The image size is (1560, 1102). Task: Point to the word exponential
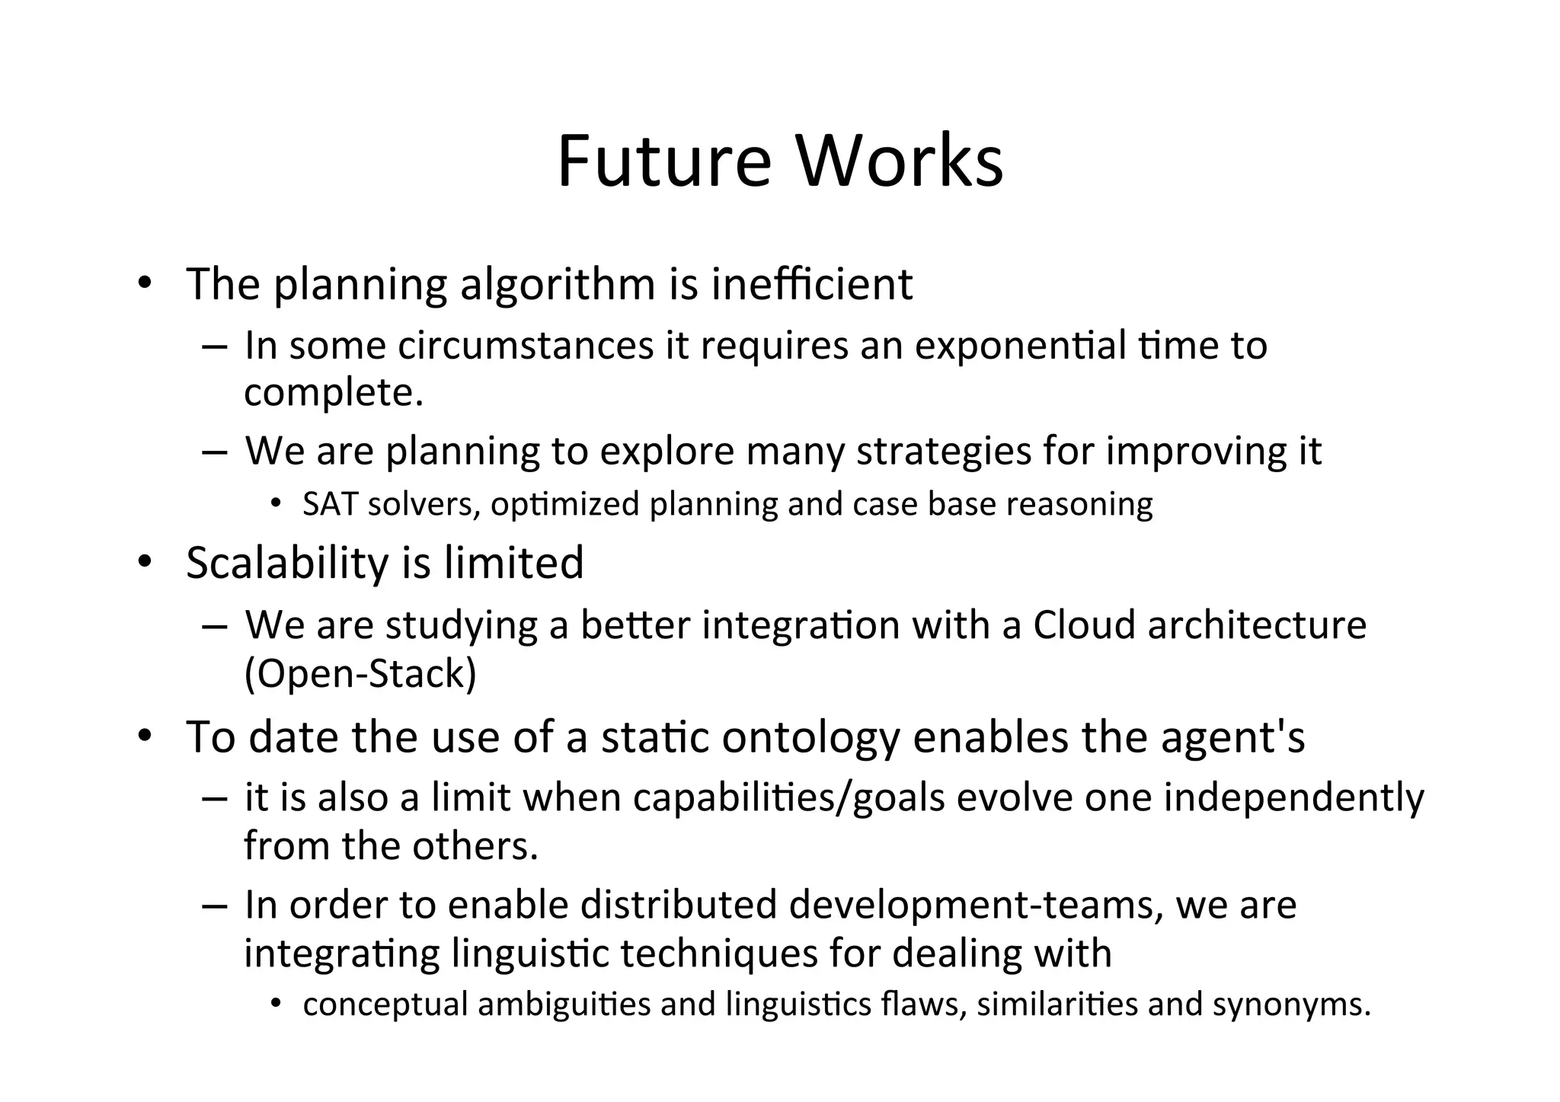[x=1020, y=347]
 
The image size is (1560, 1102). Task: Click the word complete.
[x=333, y=394]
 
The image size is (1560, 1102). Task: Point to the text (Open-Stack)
[x=360, y=674]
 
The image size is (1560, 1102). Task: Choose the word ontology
[x=810, y=739]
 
